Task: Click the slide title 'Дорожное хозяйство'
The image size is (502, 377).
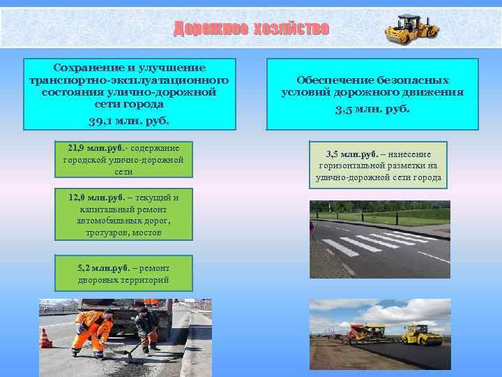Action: click(x=251, y=29)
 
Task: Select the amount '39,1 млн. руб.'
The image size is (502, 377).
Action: click(x=128, y=120)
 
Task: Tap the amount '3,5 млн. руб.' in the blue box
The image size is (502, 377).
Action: click(x=372, y=109)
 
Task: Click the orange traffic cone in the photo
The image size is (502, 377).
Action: click(x=46, y=338)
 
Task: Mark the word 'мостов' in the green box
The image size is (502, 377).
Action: click(x=147, y=232)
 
